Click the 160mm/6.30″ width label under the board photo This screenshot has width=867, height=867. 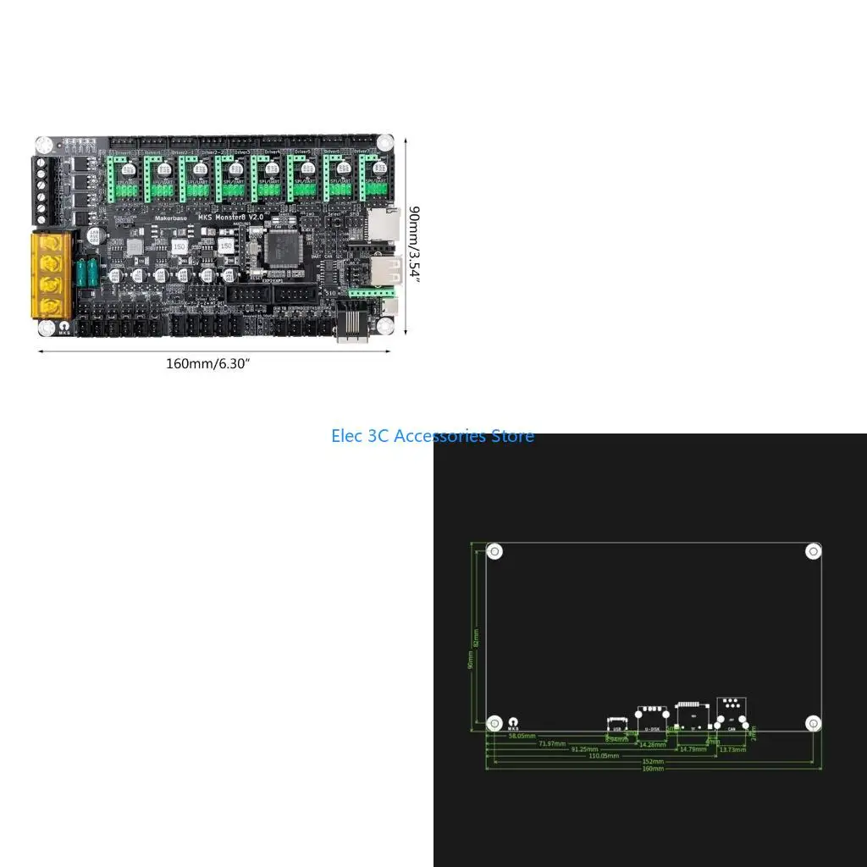pos(208,364)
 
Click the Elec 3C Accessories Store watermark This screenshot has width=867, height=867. pos(433,436)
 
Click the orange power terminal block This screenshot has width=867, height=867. pos(52,274)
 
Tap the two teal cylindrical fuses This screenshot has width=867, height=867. pos(86,272)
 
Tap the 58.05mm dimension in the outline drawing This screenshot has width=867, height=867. pos(522,736)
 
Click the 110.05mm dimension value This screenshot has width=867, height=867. pos(604,755)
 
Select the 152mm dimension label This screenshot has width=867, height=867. pos(653,761)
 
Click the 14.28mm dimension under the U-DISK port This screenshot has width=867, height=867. pos(651,744)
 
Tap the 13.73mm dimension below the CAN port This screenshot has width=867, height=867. pos(732,749)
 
